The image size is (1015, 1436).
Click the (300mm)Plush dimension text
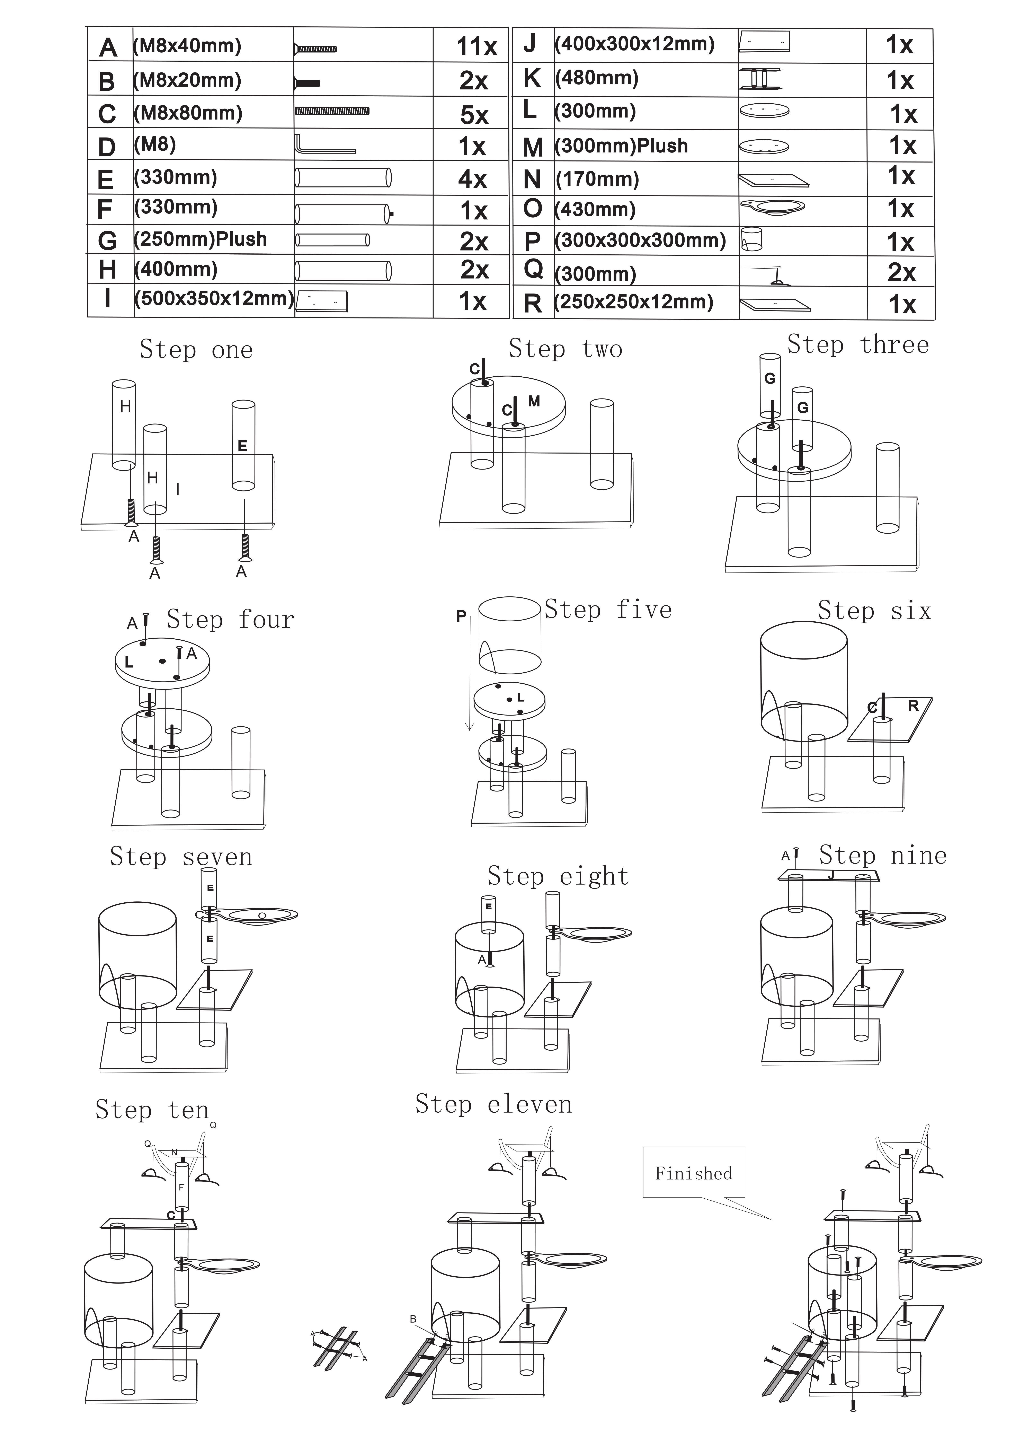coord(621,146)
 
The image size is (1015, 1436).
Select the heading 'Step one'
coord(196,350)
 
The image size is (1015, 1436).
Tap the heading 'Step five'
coord(608,610)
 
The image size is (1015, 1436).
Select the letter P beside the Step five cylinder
coord(461,616)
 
